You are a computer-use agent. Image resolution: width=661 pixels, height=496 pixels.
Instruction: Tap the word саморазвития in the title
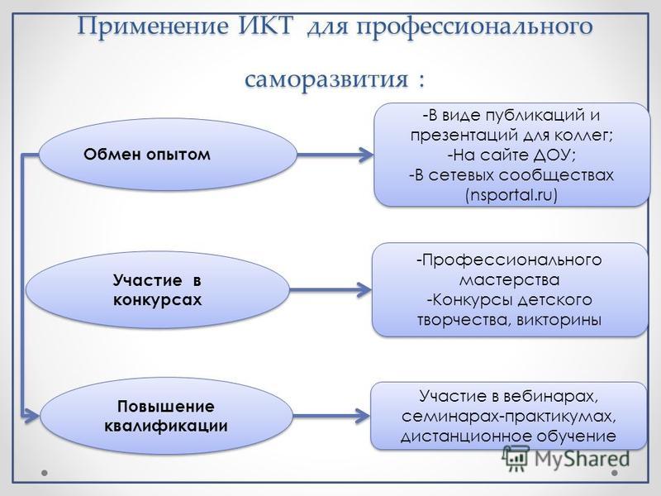[326, 79]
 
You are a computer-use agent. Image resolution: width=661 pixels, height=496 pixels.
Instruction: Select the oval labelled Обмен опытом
[169, 155]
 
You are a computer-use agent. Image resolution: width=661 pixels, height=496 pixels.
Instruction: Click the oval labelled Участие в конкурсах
[158, 290]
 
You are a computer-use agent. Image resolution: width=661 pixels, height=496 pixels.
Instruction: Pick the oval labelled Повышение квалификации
[166, 416]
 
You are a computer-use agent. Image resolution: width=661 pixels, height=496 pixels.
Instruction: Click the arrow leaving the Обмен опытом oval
[335, 155]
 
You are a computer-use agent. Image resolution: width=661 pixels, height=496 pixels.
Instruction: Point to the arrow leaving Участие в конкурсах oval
[330, 290]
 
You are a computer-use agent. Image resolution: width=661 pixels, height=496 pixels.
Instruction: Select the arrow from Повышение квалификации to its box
[331, 416]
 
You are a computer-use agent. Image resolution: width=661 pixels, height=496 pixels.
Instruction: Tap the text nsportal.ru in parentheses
[511, 195]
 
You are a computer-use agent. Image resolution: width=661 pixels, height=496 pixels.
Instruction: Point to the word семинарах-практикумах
[509, 417]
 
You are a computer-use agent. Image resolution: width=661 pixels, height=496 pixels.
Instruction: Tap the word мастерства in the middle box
[509, 279]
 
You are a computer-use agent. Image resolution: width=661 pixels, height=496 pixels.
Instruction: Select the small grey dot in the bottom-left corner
[45, 473]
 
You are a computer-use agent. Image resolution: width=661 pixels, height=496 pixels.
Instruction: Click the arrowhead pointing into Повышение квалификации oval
[31, 416]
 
